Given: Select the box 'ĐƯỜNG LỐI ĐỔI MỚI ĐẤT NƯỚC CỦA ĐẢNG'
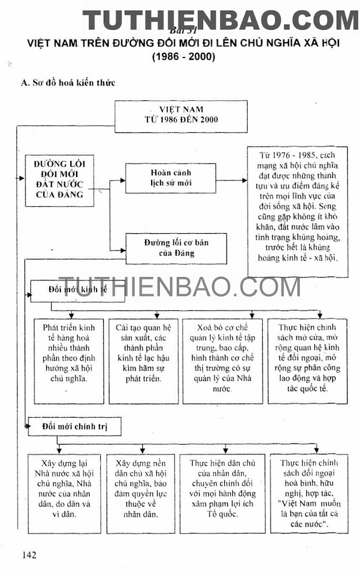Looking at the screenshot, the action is (59, 180).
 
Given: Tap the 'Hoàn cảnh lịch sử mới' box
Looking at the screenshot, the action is (162, 178).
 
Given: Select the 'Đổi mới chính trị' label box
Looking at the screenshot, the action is (76, 426).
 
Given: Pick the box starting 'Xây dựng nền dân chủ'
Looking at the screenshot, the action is (142, 493).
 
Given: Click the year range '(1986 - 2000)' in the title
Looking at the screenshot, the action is (183, 57).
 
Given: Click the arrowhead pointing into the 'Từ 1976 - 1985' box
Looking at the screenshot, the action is (244, 180).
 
